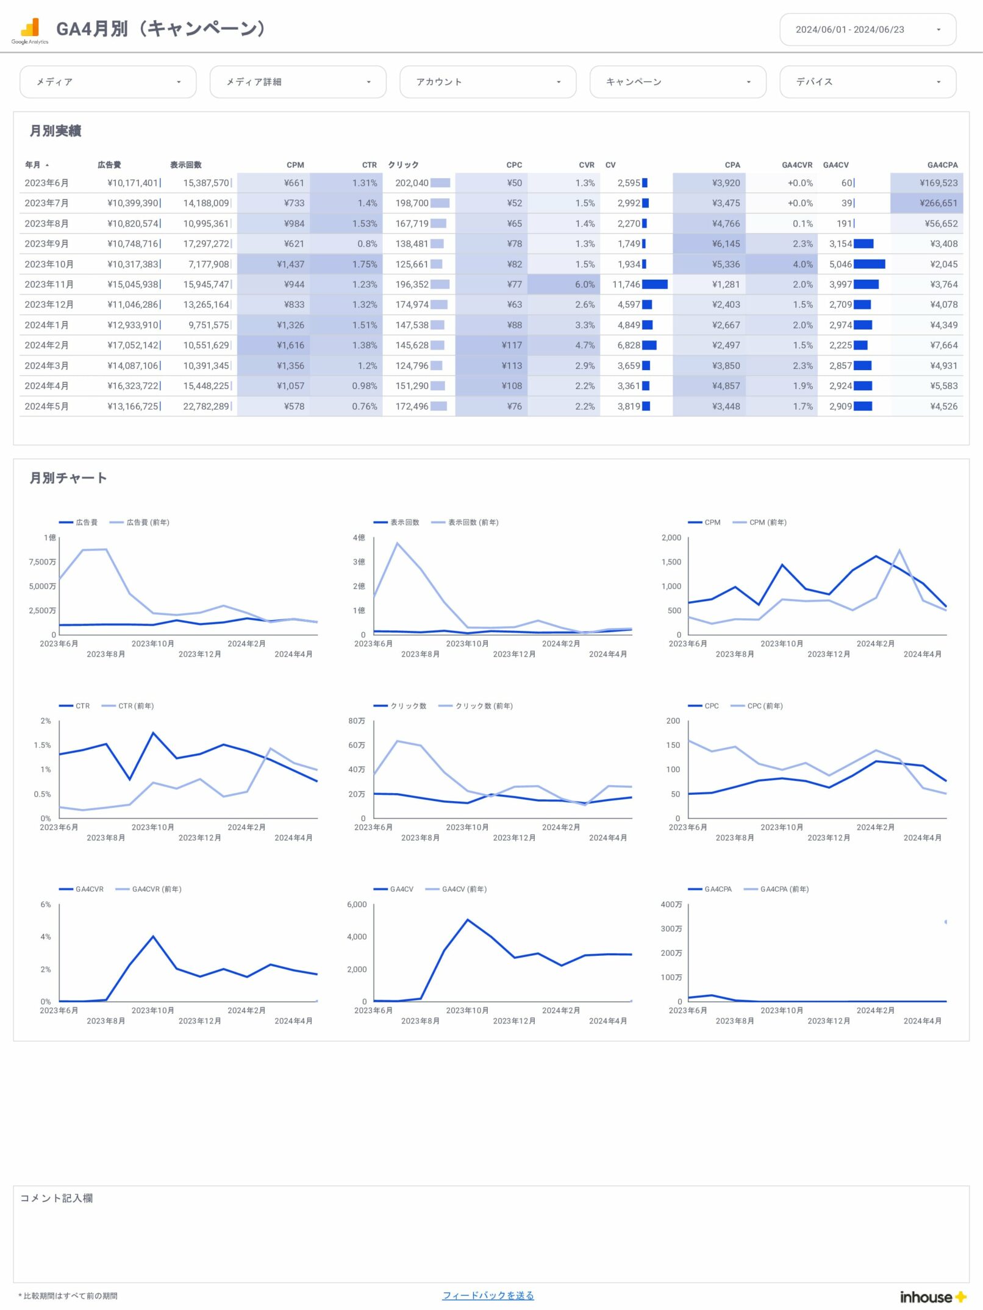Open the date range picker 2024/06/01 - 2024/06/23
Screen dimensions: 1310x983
(867, 29)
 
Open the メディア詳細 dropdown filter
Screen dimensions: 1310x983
(298, 82)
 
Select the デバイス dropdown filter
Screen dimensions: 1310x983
(867, 82)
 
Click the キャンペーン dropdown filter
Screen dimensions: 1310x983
(677, 82)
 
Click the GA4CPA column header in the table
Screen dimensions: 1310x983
(942, 165)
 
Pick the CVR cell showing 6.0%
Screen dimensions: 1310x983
(584, 285)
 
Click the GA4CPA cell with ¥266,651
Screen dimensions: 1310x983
(938, 203)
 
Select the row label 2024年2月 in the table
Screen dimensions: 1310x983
(46, 345)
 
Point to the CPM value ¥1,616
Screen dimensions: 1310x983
(290, 345)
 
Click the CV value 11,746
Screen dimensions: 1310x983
(626, 285)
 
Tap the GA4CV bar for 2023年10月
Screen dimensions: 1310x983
(869, 264)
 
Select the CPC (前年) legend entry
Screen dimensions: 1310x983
(764, 706)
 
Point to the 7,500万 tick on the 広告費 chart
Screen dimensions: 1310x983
(42, 562)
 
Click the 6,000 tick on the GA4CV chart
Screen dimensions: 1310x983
(357, 905)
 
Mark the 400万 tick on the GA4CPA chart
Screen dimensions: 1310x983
(671, 905)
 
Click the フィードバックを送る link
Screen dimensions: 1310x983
(488, 1295)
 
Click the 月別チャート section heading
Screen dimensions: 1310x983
(68, 478)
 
